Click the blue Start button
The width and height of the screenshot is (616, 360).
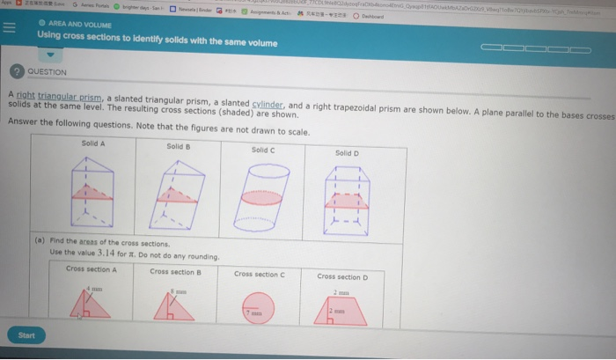coord(26,334)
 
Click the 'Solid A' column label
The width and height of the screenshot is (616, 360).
coord(92,143)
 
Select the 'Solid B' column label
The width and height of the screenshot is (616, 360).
coord(179,145)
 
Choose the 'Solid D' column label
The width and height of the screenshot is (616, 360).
coord(348,153)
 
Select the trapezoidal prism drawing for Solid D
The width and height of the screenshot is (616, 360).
coord(344,199)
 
